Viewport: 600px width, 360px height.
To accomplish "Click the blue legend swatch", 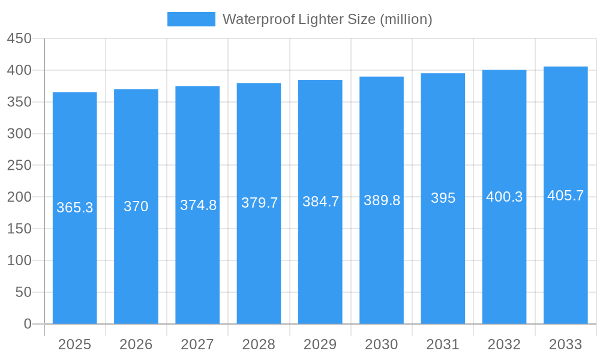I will point(191,19).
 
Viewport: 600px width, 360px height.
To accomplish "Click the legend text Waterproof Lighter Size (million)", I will point(327,19).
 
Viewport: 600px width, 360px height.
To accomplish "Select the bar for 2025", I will point(75,264).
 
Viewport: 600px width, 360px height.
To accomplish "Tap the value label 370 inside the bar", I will point(136,206).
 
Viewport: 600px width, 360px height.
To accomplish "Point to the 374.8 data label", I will point(198,205).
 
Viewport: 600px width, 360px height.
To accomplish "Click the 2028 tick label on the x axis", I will point(259,344).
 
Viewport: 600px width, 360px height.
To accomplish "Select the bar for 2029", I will point(320,264).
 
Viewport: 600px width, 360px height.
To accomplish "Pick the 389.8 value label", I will point(382,200).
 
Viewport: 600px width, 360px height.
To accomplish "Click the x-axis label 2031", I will point(443,344).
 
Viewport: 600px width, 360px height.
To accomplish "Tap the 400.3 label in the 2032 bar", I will point(504,197).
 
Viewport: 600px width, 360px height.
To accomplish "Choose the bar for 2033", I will point(566,264).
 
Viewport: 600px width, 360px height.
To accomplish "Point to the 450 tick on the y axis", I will point(19,38).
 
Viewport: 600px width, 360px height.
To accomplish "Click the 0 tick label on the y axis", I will point(27,324).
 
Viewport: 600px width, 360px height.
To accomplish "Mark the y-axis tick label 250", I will point(19,165).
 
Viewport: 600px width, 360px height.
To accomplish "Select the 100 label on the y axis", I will point(19,260).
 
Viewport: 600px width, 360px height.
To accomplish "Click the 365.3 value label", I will point(75,208).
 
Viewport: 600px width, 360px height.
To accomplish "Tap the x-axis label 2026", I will point(136,344).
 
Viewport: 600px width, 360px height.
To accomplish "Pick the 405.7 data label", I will point(566,196).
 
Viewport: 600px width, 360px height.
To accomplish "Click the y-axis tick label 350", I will point(19,102).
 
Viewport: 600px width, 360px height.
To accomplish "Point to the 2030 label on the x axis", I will point(382,344).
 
